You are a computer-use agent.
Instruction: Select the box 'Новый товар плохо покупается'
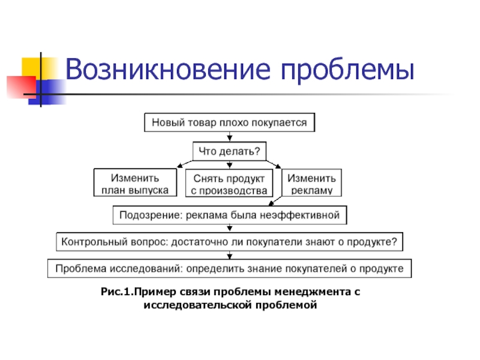(229, 123)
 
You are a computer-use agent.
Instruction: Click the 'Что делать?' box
(229, 151)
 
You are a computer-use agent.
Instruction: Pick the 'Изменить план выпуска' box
(136, 184)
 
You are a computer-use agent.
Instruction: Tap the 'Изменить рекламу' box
(311, 184)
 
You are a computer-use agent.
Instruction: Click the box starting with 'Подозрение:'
(230, 215)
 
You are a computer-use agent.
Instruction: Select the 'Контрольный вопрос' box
(230, 242)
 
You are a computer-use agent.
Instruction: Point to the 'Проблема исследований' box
(230, 268)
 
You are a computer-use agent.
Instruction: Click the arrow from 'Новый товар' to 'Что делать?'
(229, 137)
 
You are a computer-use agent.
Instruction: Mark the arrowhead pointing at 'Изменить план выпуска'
(179, 166)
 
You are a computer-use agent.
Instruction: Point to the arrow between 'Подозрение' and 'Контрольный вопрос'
(230, 229)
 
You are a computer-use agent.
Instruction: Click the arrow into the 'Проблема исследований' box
(230, 255)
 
